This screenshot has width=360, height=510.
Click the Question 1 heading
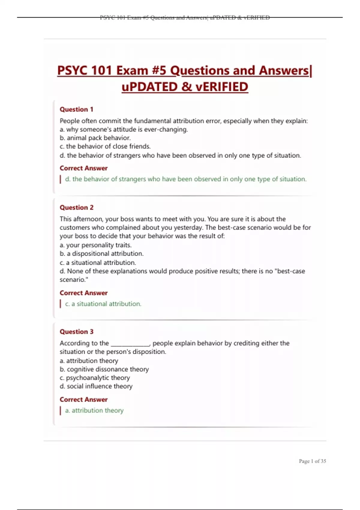tap(76, 109)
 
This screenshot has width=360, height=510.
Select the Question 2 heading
tap(76, 208)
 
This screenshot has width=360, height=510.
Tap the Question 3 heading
tap(76, 332)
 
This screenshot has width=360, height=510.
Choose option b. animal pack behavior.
tap(95, 138)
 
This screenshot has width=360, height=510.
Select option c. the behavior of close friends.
tap(105, 146)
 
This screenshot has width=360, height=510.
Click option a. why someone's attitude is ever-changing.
tap(124, 130)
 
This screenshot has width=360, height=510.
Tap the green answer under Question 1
tap(186, 179)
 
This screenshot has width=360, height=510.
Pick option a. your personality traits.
tap(95, 245)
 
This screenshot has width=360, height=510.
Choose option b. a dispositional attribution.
tap(101, 253)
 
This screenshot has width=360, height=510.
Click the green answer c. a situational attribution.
tap(103, 304)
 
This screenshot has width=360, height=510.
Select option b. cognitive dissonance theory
tap(104, 369)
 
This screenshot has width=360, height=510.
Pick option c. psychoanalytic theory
tap(94, 378)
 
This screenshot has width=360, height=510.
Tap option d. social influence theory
tap(96, 386)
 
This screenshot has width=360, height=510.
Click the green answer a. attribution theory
tap(94, 410)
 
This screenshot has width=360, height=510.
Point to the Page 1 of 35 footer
tap(312, 461)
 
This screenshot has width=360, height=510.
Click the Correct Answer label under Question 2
tap(83, 293)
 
